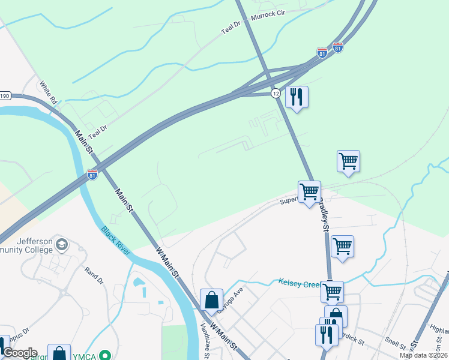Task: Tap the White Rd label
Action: [48, 92]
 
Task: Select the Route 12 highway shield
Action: [276, 94]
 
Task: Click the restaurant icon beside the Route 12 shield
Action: [296, 97]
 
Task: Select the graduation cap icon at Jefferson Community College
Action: [63, 244]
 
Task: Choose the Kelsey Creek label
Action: [299, 282]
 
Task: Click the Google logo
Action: [19, 353]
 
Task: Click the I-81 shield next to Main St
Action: [92, 175]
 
